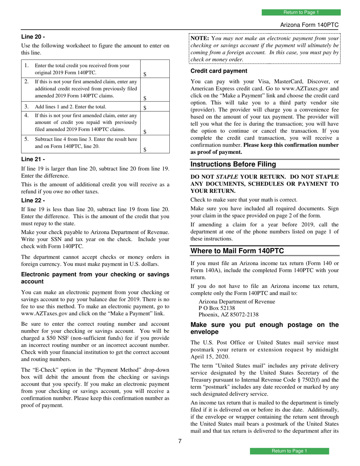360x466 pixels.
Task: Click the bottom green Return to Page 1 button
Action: pyautogui.click(x=290, y=451)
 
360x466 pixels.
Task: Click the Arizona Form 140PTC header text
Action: pyautogui.click(x=309, y=25)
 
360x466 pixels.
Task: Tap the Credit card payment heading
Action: pyautogui.click(x=219, y=71)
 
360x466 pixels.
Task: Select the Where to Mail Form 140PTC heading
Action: pyautogui.click(x=237, y=250)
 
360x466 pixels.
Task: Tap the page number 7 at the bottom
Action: pyautogui.click(x=180, y=441)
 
